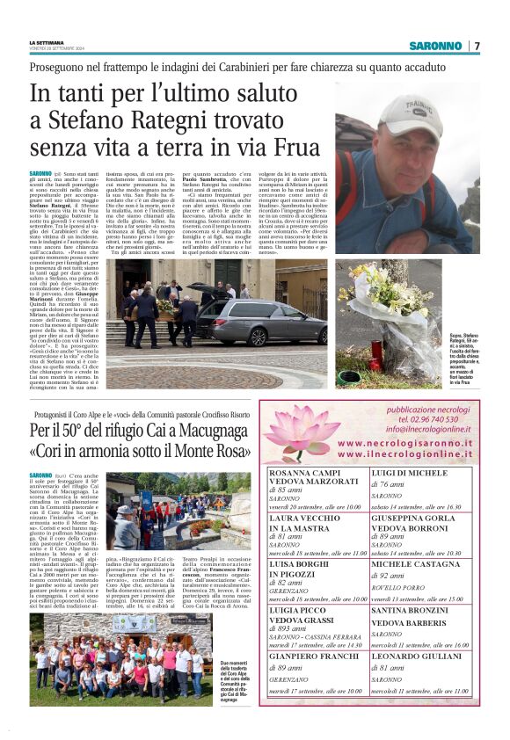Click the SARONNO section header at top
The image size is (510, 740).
(x=435, y=46)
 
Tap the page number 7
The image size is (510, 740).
(x=476, y=46)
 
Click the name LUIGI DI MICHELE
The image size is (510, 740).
(x=405, y=472)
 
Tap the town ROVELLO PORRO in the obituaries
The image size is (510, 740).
(x=395, y=588)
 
